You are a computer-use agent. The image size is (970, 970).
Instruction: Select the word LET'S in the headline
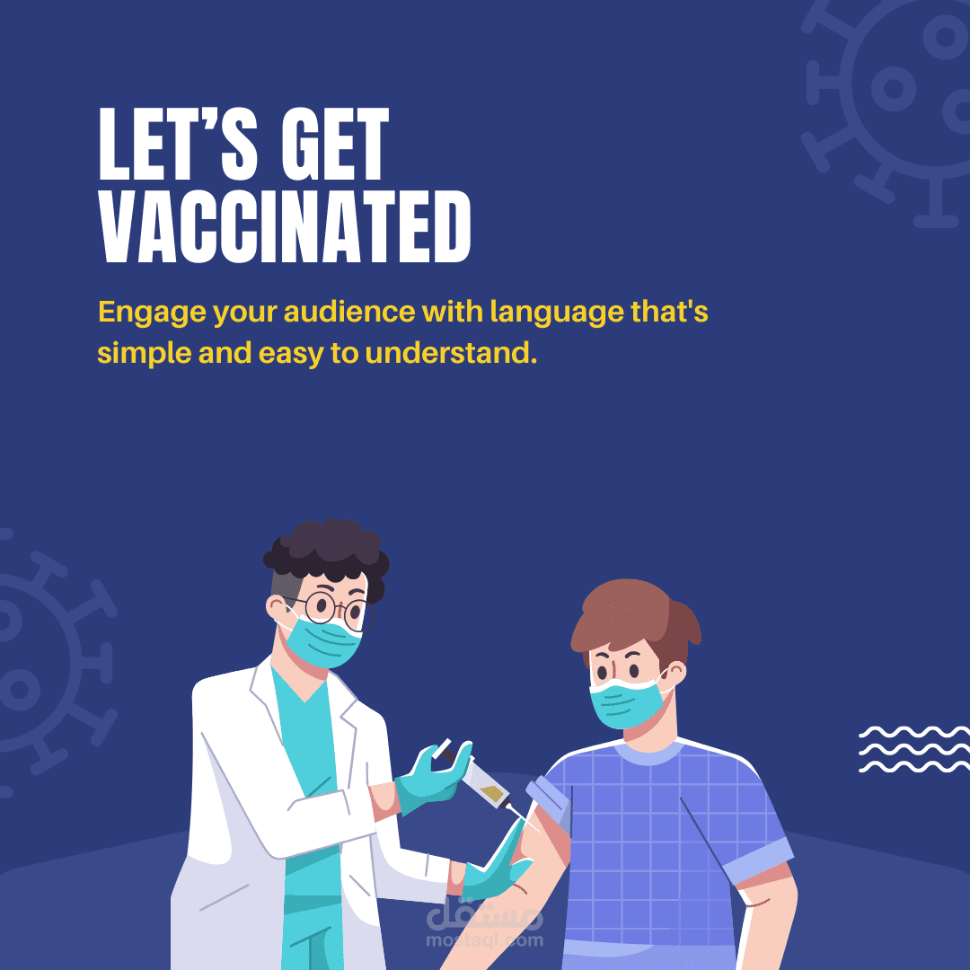tap(179, 144)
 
